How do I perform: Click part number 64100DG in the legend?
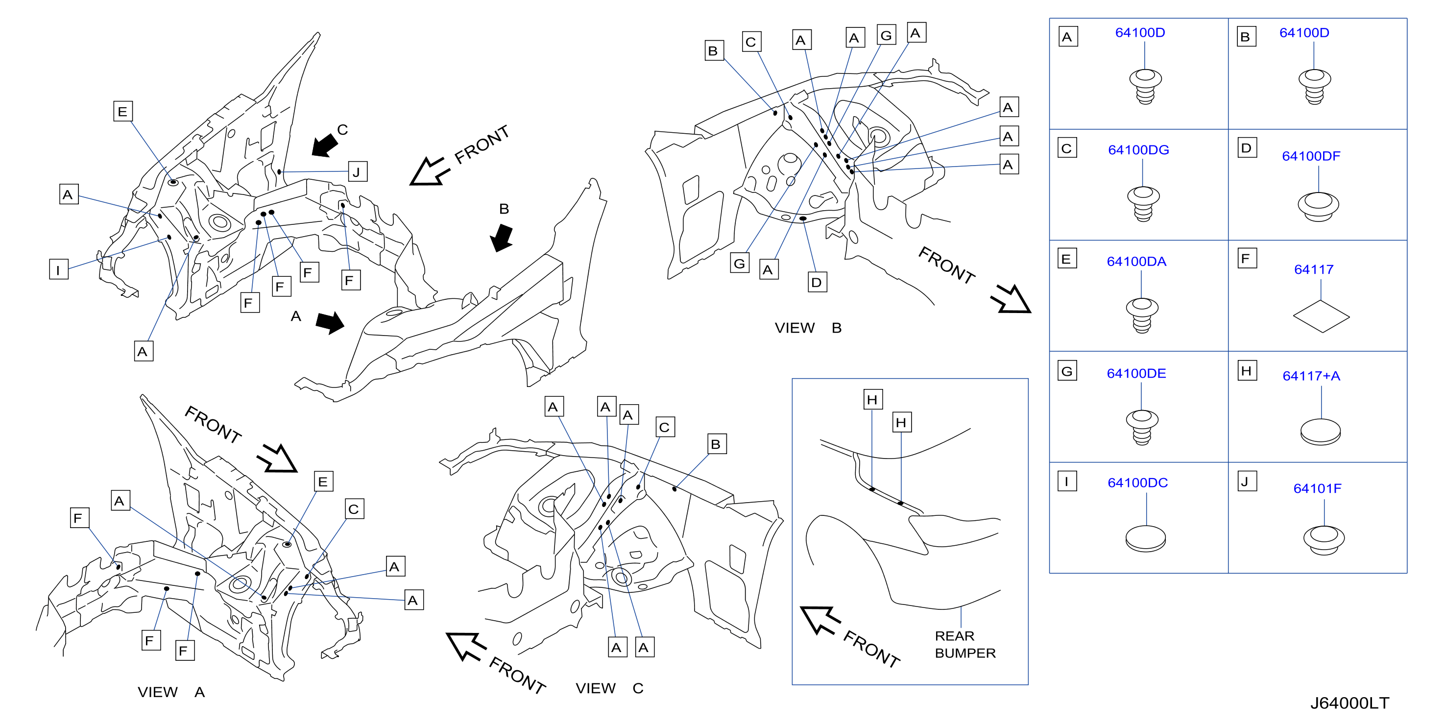[1138, 150]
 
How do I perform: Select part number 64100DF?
[1311, 156]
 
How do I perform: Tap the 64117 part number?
[1314, 269]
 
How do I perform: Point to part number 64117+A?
[1311, 376]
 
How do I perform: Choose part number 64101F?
[1318, 488]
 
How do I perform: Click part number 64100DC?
[1137, 483]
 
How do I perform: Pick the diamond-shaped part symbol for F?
[1321, 316]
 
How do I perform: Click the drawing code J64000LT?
[1349, 703]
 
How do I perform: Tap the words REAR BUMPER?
[965, 645]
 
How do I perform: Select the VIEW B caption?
[808, 328]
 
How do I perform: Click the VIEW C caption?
[609, 688]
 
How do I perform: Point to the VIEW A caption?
[171, 692]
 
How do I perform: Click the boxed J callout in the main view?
[357, 171]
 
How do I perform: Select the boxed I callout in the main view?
[58, 269]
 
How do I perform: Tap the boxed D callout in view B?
[817, 282]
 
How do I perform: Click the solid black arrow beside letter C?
[325, 146]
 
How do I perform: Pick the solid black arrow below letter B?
[502, 238]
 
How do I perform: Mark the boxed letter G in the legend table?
[1067, 371]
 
